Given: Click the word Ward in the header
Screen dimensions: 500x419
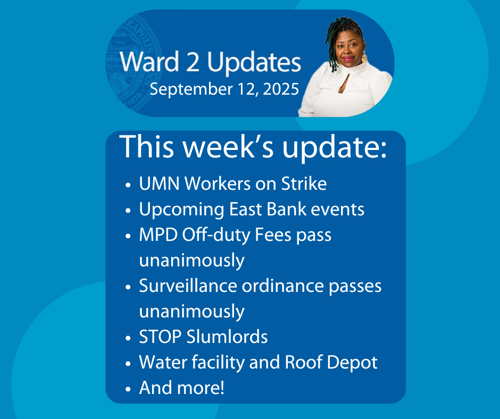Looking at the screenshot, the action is coord(149,62).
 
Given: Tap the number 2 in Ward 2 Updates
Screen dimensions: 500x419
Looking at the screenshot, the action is coord(193,62).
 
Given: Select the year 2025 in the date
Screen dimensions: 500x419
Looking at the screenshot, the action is coord(281,89).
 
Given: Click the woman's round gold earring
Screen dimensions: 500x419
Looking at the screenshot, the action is coord(364,58).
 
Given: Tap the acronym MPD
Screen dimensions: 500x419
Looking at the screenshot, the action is coord(158,235).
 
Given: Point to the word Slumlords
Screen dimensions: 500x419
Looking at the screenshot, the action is coord(227,337).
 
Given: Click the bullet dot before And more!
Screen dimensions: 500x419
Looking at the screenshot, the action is coord(128,389).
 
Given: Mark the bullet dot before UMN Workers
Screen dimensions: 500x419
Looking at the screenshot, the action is coord(128,185).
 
